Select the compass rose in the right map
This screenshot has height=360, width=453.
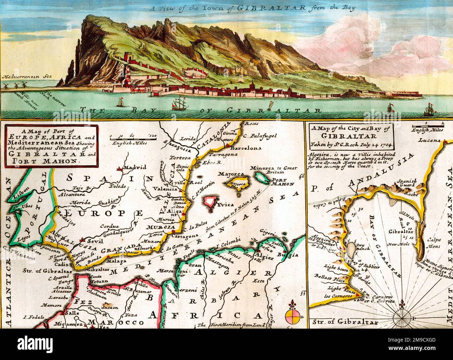(x=403, y=317)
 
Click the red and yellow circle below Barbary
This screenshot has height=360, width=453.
(x=292, y=316)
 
